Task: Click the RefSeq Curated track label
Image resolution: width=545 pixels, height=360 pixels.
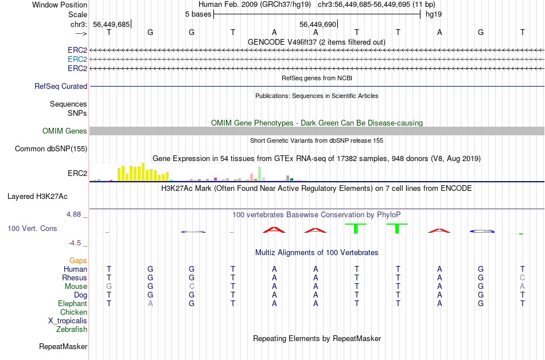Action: coord(61,86)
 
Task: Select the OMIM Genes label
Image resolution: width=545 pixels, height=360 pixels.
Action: coord(65,131)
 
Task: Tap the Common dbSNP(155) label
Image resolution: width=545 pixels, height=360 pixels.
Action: coord(51,148)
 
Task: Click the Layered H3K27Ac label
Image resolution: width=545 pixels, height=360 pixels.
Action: coord(37,196)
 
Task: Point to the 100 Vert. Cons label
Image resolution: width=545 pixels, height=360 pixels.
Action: coord(32,228)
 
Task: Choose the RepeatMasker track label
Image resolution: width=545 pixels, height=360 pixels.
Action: coord(63,346)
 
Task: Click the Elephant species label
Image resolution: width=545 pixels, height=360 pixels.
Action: coord(72,303)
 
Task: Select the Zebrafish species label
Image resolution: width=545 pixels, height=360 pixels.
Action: coord(72,329)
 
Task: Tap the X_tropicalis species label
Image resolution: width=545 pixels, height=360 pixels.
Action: coord(68,320)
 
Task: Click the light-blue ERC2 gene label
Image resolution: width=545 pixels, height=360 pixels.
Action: coord(77,59)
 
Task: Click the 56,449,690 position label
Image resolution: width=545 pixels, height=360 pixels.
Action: coord(318,24)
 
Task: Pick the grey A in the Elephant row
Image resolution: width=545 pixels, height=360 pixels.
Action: coord(150,303)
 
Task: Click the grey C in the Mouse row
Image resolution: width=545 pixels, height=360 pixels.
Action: coord(192,286)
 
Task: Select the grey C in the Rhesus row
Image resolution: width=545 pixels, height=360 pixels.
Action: coord(522,277)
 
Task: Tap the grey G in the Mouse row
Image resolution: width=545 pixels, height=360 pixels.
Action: coord(109,286)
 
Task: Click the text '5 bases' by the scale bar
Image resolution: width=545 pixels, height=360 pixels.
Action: coord(198,14)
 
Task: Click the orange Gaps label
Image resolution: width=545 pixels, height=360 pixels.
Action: coord(78,260)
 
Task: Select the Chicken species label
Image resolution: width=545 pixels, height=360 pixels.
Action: coord(73,312)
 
